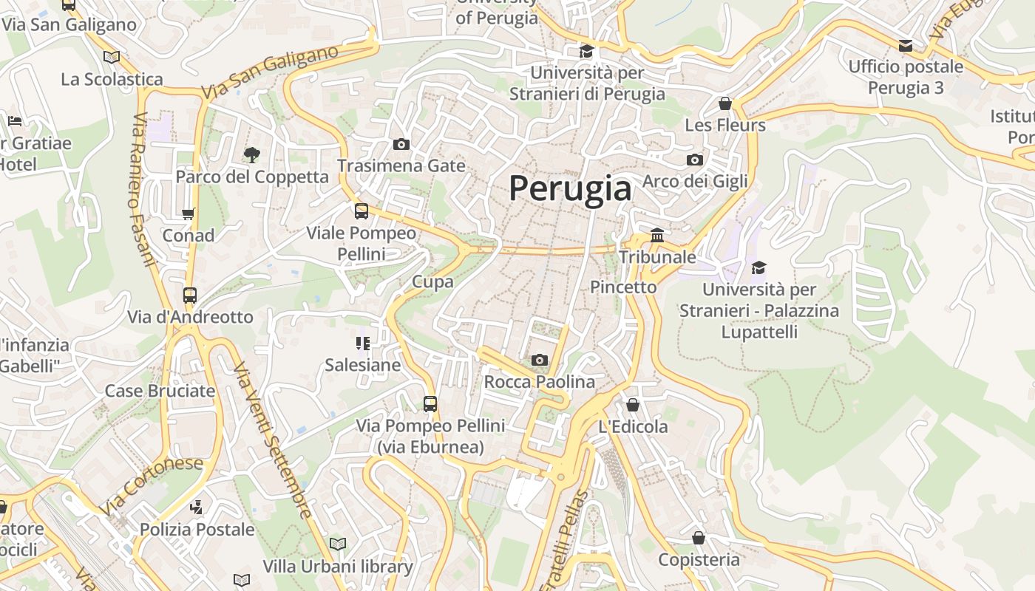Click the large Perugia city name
tap(570, 188)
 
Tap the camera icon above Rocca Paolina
tap(540, 360)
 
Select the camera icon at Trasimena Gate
tap(401, 144)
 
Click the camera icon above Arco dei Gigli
tap(694, 160)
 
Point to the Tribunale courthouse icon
tap(656, 236)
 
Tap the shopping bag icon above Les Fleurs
tap(724, 103)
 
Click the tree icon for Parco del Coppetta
tap(252, 154)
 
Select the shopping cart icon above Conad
tap(188, 214)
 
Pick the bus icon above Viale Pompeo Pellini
tap(362, 211)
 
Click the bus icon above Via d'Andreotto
tap(190, 295)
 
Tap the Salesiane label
tap(362, 365)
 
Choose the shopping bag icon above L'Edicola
tap(633, 405)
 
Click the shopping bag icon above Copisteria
tap(698, 538)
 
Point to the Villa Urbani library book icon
tap(338, 544)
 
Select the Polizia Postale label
tap(197, 530)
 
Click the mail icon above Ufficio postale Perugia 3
tap(906, 46)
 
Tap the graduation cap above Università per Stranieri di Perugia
tap(586, 51)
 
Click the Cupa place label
tap(432, 281)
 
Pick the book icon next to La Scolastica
tap(112, 57)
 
